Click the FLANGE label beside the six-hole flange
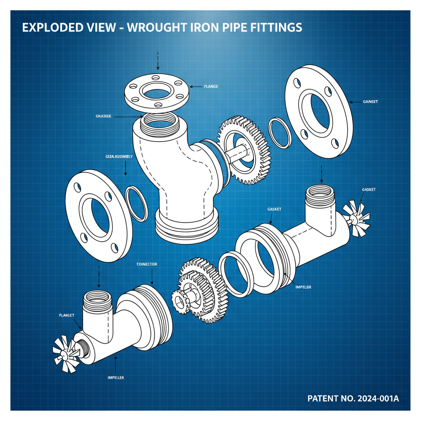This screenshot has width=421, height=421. click(210, 87)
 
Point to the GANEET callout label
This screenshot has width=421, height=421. click(370, 102)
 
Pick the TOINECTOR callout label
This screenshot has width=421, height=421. click(146, 264)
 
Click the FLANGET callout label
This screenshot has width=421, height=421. click(66, 315)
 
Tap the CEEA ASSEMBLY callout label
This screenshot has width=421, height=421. click(116, 157)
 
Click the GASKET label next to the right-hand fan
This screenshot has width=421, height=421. click(368, 190)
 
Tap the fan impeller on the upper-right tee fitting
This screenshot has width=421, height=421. click(356, 218)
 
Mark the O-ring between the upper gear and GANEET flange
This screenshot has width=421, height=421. click(280, 132)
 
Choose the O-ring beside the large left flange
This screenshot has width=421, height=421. click(136, 203)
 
